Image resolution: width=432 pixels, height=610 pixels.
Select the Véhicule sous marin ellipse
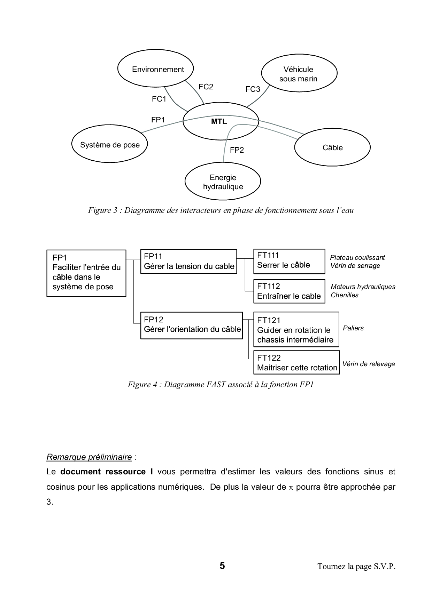[x=299, y=74]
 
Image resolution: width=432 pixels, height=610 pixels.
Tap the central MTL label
[x=219, y=122]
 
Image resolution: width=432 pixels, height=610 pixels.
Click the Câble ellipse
[x=332, y=148]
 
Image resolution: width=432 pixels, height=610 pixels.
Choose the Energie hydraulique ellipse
[x=223, y=182]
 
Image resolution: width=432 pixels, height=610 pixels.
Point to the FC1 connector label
[x=159, y=99]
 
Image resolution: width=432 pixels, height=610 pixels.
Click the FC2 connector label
[x=206, y=87]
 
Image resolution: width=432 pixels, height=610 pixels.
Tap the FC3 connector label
[x=253, y=89]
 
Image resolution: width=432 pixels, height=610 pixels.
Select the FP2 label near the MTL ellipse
[x=237, y=150]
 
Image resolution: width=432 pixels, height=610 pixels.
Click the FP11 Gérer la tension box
[x=188, y=262]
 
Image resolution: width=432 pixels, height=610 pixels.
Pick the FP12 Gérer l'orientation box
[x=191, y=325]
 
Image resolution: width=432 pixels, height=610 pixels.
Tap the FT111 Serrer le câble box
[x=289, y=261]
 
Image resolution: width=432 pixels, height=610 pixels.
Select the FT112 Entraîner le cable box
[x=289, y=291]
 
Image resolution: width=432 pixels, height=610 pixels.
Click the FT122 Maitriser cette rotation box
[x=296, y=363]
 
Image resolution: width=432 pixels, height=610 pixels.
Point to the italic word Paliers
[x=353, y=328]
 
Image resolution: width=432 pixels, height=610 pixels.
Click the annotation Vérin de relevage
[x=368, y=364]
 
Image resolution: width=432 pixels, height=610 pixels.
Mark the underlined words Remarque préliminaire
[x=89, y=457]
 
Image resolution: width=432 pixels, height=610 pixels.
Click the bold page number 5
[x=222, y=566]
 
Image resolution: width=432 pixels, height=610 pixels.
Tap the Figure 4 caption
[x=221, y=385]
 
